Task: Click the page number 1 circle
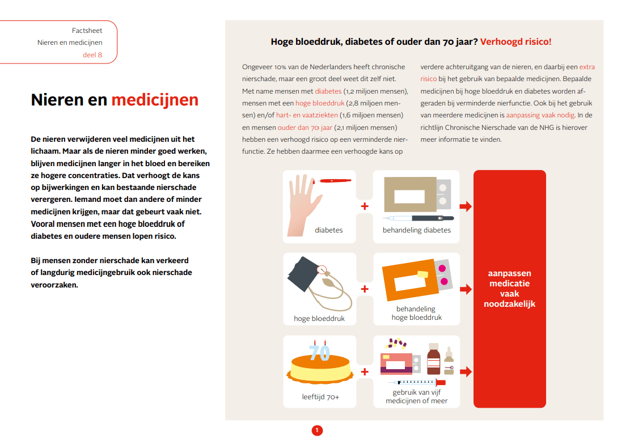click(317, 430)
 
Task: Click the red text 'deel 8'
click(92, 55)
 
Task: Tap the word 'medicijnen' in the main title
click(155, 100)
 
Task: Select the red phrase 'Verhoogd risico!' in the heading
click(515, 41)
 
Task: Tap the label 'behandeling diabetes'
click(417, 230)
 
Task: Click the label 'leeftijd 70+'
click(320, 397)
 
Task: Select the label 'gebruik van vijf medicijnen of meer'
click(417, 396)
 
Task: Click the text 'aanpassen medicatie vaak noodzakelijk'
click(509, 288)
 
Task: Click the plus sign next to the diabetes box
click(365, 206)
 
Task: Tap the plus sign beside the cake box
click(365, 372)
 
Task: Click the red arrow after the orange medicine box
click(465, 289)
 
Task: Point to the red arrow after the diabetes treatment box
click(465, 206)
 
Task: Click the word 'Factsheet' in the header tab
click(87, 30)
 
